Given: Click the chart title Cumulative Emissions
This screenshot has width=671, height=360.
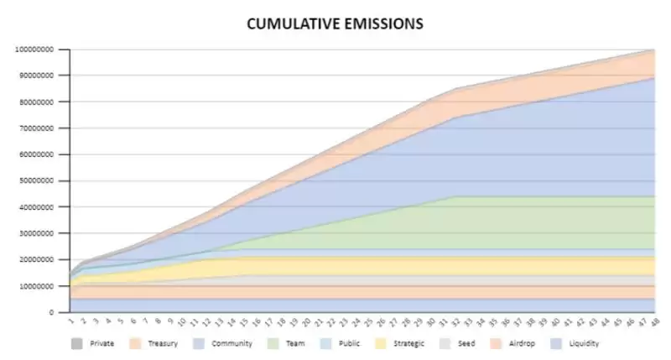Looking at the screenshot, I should tap(335, 23).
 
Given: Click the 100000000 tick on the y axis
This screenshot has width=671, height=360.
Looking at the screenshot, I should tap(34, 50).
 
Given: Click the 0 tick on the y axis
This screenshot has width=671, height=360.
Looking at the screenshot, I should tap(52, 312).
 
